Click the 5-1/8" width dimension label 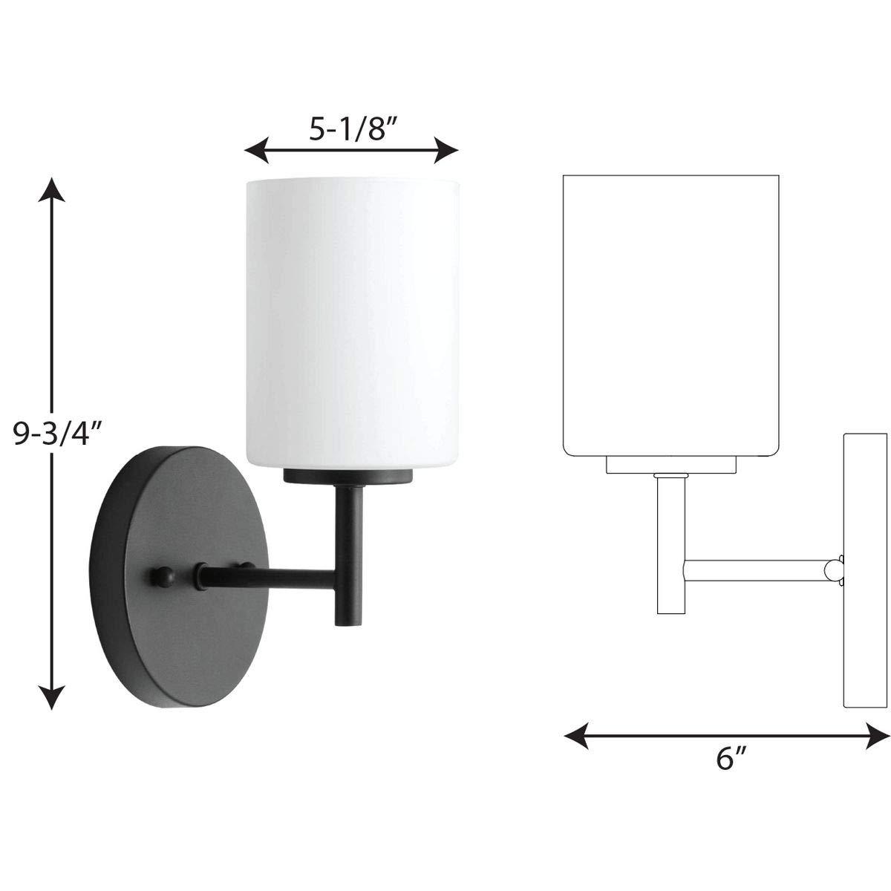click(x=350, y=131)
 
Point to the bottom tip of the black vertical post click(x=345, y=624)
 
